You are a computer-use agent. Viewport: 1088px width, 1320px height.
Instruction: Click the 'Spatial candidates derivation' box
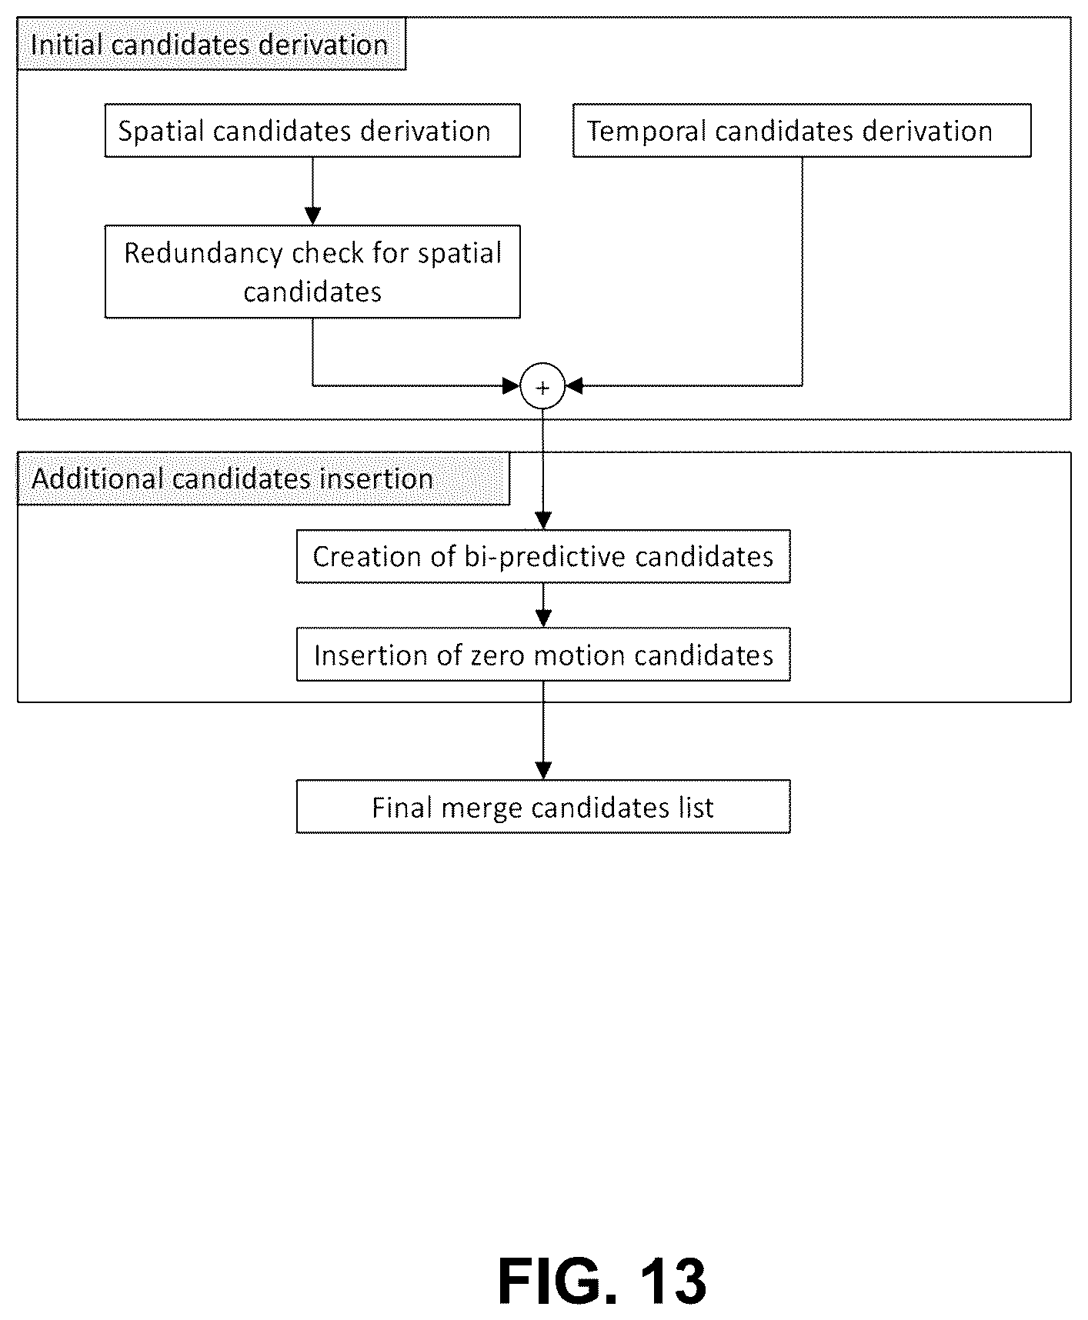tap(312, 131)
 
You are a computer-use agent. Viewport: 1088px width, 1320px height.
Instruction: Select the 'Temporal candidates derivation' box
tap(802, 131)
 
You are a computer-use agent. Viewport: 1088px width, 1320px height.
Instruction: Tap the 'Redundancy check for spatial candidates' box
tap(312, 272)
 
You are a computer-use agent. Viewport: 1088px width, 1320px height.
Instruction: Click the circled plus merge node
tap(542, 387)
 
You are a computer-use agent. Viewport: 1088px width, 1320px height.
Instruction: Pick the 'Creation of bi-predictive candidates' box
tap(543, 556)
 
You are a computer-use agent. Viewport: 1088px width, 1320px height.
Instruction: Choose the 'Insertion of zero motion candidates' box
tap(543, 655)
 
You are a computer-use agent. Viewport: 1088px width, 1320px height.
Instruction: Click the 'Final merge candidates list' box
tap(543, 807)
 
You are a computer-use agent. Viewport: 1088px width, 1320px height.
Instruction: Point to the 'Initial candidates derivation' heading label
tap(211, 44)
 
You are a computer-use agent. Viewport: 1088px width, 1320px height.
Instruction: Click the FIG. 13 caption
tap(602, 1282)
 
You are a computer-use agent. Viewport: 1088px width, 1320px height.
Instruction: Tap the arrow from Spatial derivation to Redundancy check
tap(312, 191)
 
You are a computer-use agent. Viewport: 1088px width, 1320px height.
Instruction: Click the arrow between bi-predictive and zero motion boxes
tap(543, 605)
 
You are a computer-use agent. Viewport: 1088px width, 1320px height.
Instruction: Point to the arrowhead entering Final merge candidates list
tap(543, 771)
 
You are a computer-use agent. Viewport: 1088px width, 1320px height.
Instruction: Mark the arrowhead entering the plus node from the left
tap(511, 386)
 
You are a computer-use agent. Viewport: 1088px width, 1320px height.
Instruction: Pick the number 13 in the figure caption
tap(672, 1282)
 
